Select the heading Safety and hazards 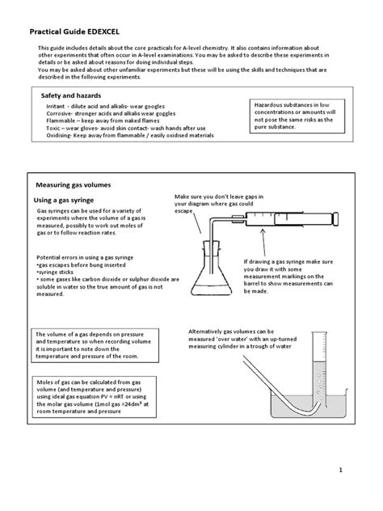(x=75, y=95)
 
